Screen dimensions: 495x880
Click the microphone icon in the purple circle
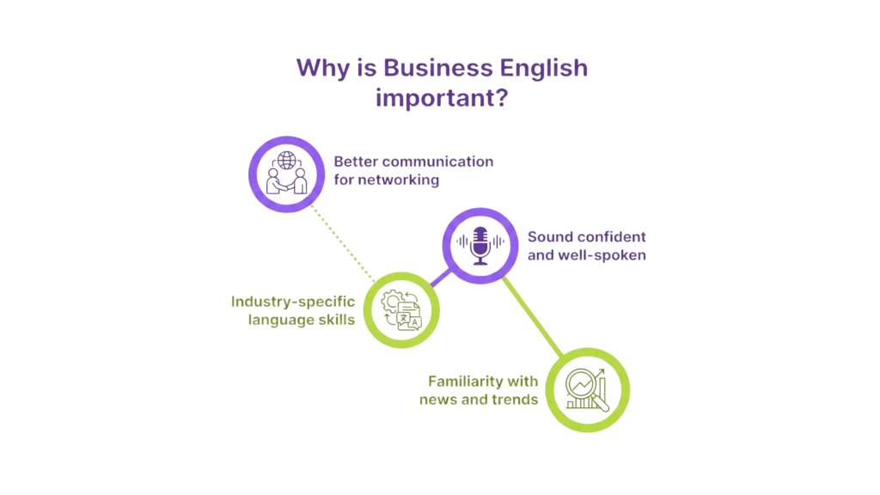coord(479,244)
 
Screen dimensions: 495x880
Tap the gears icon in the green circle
coord(401,308)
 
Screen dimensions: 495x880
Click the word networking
coord(396,181)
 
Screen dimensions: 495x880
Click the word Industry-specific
coord(292,302)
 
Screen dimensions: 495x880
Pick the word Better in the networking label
coord(355,162)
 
